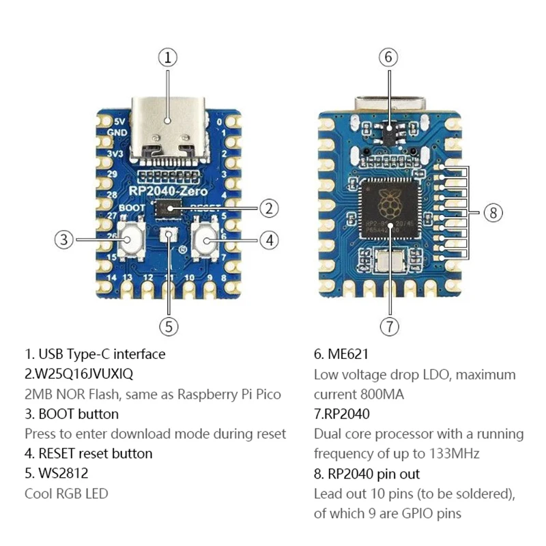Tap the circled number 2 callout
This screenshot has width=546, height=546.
tap(270, 208)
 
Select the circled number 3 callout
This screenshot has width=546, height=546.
tap(64, 240)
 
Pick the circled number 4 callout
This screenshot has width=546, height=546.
tap(270, 240)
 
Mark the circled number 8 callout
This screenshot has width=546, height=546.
tap(493, 213)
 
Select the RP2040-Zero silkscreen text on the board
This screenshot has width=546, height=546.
tap(164, 192)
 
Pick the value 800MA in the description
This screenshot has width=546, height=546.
tap(380, 394)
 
